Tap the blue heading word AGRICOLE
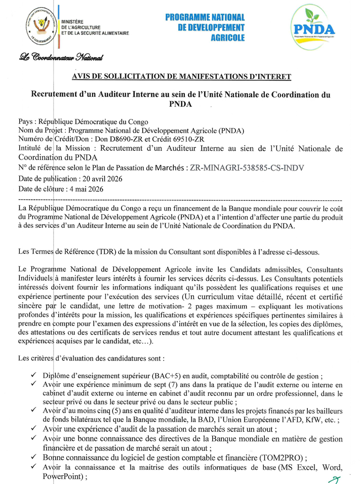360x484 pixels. point(228,37)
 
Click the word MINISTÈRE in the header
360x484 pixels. point(72,21)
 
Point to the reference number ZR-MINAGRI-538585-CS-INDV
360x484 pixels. point(247,167)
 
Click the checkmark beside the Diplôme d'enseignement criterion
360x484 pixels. point(33,376)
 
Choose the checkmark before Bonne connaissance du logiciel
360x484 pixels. point(33,457)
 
